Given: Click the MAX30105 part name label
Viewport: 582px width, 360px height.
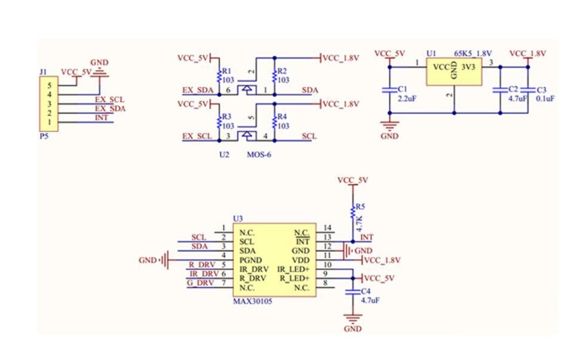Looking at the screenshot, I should pyautogui.click(x=252, y=301).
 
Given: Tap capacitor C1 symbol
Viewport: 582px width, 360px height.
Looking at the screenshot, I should pyautogui.click(x=389, y=90).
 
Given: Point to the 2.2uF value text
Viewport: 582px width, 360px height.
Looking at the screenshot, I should pyautogui.click(x=407, y=98).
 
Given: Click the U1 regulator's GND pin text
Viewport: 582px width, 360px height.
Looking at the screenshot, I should pyautogui.click(x=454, y=70).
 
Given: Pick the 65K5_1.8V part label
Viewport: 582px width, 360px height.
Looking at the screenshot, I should pyautogui.click(x=472, y=53).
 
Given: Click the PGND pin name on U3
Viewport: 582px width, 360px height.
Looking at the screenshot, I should pyautogui.click(x=250, y=260).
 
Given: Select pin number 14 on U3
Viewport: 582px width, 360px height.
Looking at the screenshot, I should pyautogui.click(x=327, y=228).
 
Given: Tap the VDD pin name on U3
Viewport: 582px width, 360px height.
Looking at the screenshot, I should pyautogui.click(x=301, y=260).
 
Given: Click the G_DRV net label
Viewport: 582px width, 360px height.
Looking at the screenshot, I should pyautogui.click(x=200, y=283).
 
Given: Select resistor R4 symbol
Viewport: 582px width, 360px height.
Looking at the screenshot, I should pyautogui.click(x=274, y=122).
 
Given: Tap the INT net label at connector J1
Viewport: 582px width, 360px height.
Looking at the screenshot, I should pyautogui.click(x=102, y=118).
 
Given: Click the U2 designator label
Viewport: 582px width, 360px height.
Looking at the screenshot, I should pyautogui.click(x=224, y=155).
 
